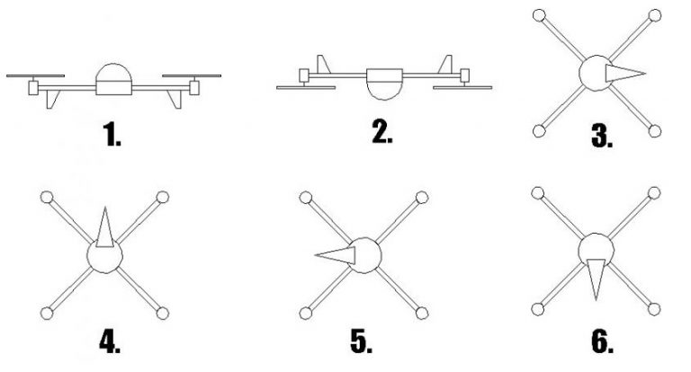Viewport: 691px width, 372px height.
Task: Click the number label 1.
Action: pos(113,137)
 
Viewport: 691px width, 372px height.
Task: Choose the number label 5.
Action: pos(360,343)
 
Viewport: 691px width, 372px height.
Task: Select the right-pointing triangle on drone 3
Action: pos(624,73)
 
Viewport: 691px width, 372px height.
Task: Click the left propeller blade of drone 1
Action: pos(36,76)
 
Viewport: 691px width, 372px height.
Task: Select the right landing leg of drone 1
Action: pos(172,99)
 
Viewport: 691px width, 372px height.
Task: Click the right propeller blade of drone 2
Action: pos(462,87)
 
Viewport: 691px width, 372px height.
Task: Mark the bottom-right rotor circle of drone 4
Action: pos(163,313)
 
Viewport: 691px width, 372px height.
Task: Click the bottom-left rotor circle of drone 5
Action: pos(306,313)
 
